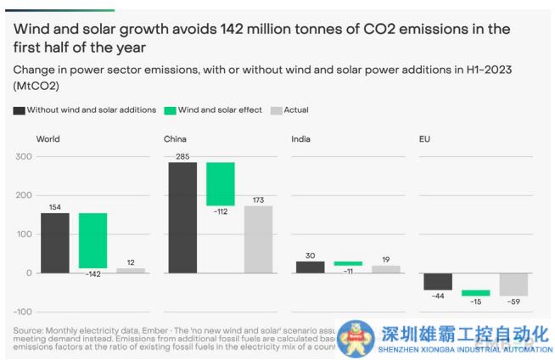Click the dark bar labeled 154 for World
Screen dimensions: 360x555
(54, 242)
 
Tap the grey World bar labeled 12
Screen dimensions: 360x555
(131, 270)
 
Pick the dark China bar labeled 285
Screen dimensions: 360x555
(182, 217)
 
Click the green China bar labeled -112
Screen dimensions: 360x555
(221, 183)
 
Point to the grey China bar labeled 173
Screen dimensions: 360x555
(259, 239)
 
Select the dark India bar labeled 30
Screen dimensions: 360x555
(310, 267)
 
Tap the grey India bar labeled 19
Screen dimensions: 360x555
(386, 269)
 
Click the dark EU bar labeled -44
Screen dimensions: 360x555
(438, 281)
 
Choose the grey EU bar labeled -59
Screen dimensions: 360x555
(513, 284)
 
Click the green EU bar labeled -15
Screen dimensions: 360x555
(475, 293)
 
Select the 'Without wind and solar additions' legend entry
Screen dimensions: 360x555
(85, 110)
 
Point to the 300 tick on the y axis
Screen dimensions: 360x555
(23, 157)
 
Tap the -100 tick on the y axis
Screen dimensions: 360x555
(20, 312)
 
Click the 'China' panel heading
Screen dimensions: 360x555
(176, 138)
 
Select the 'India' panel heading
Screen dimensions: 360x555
(301, 138)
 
